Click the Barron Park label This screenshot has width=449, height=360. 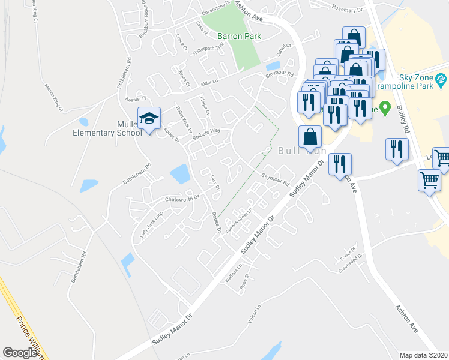tap(239, 36)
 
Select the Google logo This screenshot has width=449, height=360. tap(20, 353)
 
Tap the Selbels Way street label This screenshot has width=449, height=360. tap(206, 133)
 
